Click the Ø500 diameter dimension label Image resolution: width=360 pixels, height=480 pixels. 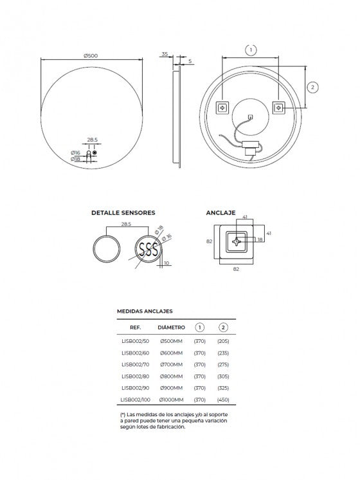click(91, 56)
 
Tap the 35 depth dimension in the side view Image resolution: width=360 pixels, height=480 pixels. click(165, 54)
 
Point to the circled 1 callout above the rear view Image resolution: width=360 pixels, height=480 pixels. click(251, 50)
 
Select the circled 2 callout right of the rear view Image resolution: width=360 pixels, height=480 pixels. click(312, 88)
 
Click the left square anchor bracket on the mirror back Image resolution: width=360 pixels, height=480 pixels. click(222, 107)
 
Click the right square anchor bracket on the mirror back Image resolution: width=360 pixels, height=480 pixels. click(278, 107)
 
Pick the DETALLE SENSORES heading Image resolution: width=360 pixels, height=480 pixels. click(123, 213)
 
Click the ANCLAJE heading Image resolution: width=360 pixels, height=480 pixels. click(221, 213)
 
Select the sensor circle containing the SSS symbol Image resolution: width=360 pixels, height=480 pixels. click(148, 248)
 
